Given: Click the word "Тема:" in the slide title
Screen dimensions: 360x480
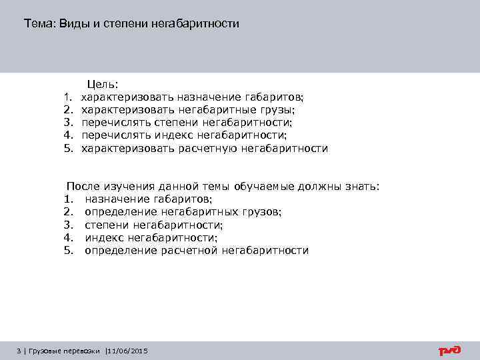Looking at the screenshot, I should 39,24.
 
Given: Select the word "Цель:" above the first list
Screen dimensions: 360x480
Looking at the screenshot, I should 102,85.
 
